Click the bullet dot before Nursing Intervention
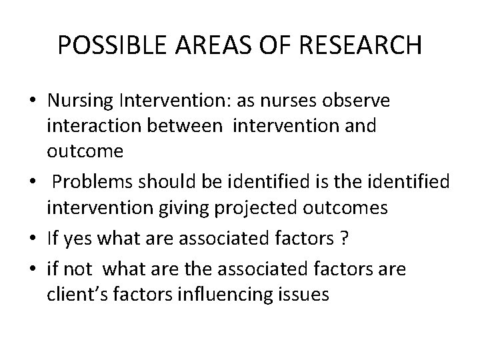pyautogui.click(x=32, y=102)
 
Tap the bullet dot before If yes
pyautogui.click(x=32, y=237)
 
